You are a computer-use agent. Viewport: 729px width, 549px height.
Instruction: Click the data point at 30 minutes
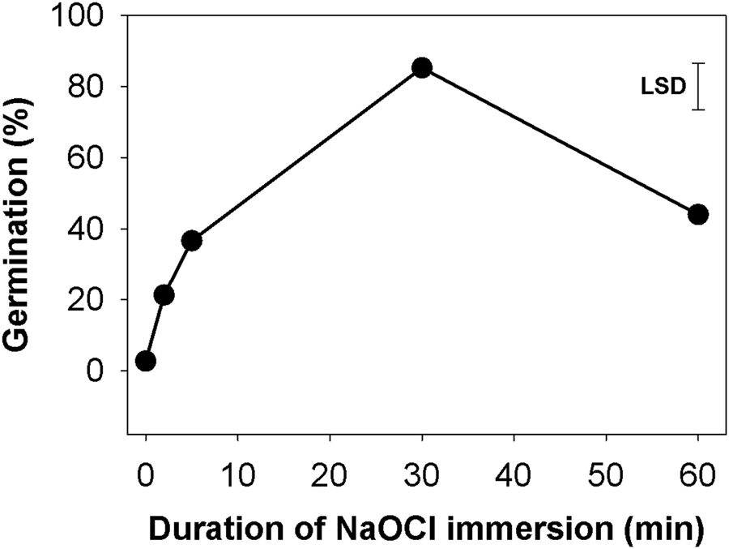pos(421,68)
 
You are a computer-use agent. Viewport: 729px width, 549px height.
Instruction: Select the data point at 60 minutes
pos(698,214)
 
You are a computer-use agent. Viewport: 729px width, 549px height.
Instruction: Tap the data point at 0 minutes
pos(146,361)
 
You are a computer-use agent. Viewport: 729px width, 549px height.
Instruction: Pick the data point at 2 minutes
pos(164,295)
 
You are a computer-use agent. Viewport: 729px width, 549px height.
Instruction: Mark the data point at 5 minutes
pos(192,240)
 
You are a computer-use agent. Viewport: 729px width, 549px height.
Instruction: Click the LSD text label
pos(663,85)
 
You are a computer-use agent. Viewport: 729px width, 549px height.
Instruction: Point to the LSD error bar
pos(699,86)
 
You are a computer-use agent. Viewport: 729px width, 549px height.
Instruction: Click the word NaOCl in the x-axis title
pos(360,527)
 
